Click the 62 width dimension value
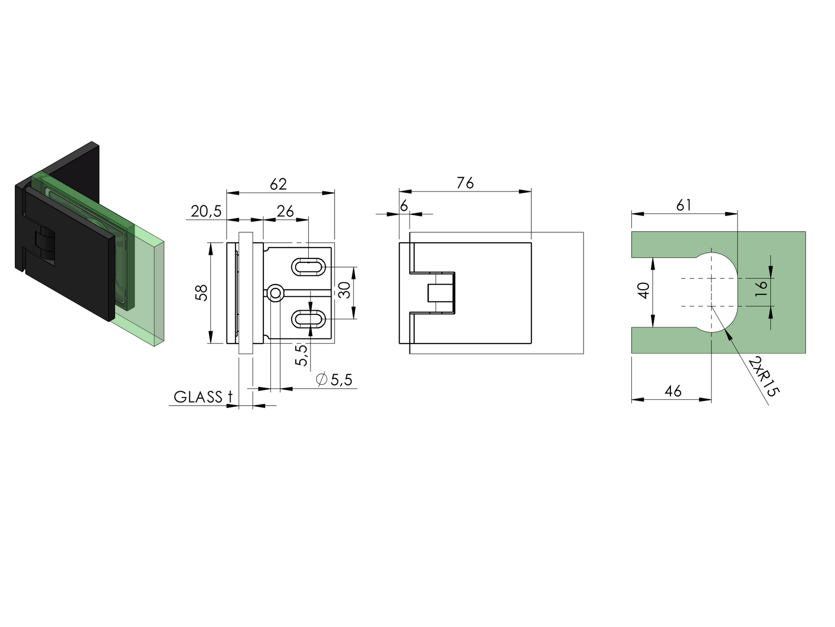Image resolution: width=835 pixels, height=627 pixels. click(x=278, y=184)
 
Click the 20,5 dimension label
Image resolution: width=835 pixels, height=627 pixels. click(x=206, y=211)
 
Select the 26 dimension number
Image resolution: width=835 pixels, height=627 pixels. click(x=285, y=211)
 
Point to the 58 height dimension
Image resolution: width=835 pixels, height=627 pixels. click(x=201, y=293)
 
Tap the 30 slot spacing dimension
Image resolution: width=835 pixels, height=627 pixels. click(x=344, y=290)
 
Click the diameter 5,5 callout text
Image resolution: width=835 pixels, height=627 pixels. click(x=334, y=380)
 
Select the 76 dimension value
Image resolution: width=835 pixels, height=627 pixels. click(x=465, y=183)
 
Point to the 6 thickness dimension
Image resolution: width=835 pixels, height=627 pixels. click(x=404, y=205)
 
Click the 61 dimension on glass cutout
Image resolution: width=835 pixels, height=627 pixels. click(x=684, y=205)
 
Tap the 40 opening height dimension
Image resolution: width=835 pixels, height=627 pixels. click(x=644, y=290)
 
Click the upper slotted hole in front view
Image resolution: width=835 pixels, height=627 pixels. click(x=308, y=267)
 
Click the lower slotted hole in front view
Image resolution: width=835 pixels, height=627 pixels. click(x=308, y=319)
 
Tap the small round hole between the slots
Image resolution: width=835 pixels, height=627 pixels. click(x=274, y=293)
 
